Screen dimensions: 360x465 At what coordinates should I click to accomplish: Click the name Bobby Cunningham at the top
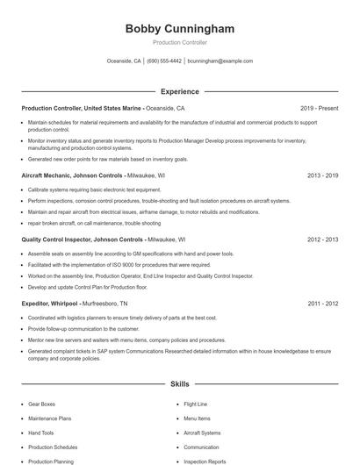tap(180, 29)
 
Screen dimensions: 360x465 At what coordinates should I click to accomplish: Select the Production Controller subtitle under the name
tap(180, 43)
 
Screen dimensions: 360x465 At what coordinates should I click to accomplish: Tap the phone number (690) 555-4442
tap(164, 61)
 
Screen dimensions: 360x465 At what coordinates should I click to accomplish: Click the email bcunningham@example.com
tap(220, 61)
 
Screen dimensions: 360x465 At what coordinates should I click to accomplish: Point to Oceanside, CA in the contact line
tap(124, 61)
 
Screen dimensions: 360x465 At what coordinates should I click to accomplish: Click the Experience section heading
tap(180, 91)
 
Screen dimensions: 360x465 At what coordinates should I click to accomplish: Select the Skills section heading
tap(180, 384)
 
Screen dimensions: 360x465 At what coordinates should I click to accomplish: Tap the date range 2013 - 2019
tap(322, 175)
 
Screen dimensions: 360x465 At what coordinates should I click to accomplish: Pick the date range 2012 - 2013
tap(322, 239)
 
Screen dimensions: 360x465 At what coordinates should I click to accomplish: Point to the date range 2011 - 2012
tap(322, 303)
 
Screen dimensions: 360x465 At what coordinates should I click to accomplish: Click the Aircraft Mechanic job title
tap(52, 175)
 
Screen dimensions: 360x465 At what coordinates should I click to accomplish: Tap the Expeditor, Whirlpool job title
tap(49, 303)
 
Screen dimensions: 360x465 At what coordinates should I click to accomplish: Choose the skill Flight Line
tap(196, 404)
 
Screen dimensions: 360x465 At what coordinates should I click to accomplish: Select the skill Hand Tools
tap(41, 433)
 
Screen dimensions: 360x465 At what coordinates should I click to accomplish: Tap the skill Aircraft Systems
tap(202, 433)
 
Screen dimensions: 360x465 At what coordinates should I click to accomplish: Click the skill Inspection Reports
tap(205, 461)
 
